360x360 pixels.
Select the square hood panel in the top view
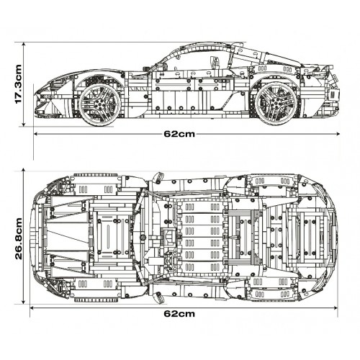(x=112, y=235)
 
